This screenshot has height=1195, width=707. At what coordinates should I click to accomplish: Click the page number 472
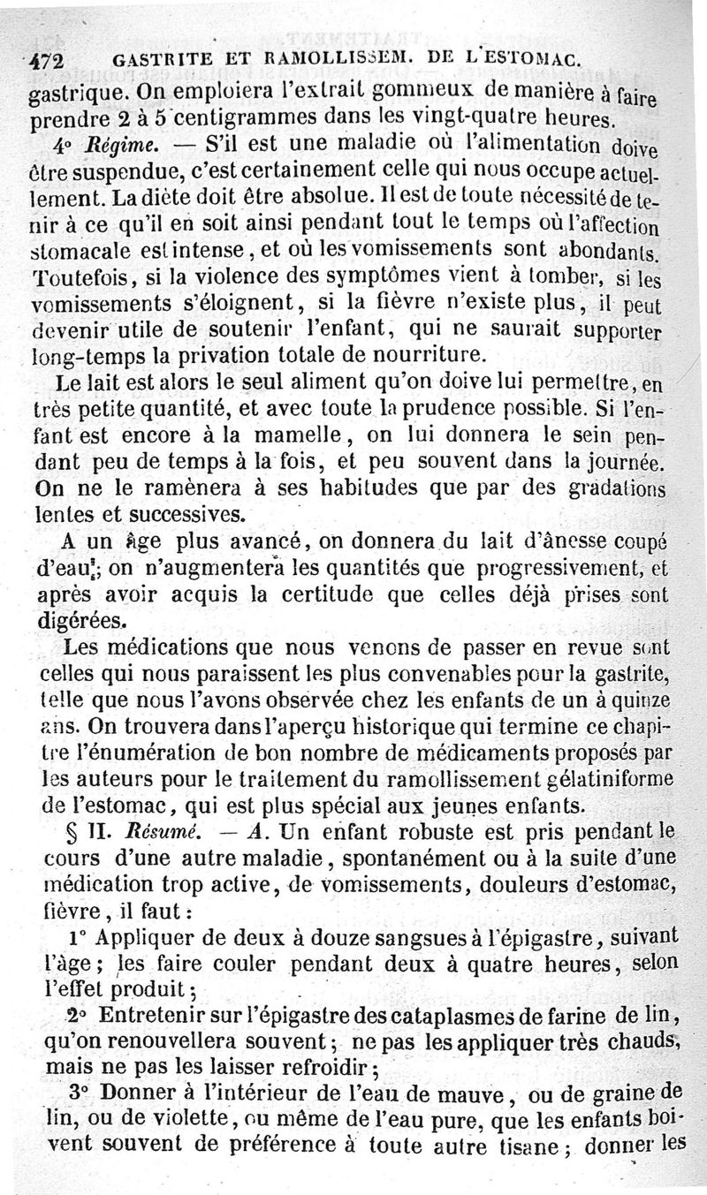coord(49,59)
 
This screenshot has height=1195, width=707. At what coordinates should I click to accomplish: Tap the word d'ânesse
coord(527,541)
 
